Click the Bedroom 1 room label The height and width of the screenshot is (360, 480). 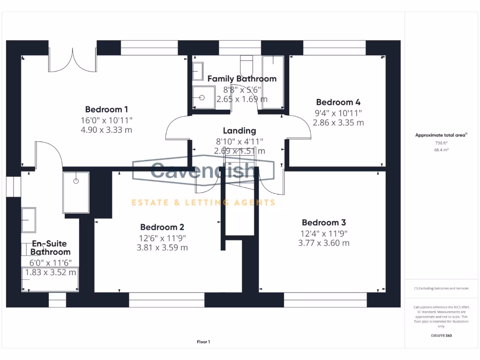coord(106,109)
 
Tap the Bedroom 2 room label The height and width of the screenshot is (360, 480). coord(162,227)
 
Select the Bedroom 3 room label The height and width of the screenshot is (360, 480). coord(323,222)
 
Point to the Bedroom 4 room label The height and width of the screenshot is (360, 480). coord(338,102)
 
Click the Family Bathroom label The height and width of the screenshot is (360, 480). coord(242,79)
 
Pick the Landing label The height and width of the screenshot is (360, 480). coord(239,131)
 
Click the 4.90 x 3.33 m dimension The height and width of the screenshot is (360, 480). coord(106,129)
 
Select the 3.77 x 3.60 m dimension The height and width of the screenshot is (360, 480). coord(323,243)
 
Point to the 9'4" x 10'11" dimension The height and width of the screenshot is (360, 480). coord(338,113)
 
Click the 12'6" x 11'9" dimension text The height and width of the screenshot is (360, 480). coord(162,238)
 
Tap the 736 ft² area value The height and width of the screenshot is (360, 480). coord(441,143)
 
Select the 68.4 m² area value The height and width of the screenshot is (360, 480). coord(441,150)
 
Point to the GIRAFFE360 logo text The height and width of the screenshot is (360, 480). coord(441,336)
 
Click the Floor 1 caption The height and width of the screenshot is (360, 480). coord(203,342)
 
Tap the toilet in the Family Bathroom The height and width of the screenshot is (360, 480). coord(247,63)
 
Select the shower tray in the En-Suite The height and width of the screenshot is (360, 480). coord(75,192)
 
